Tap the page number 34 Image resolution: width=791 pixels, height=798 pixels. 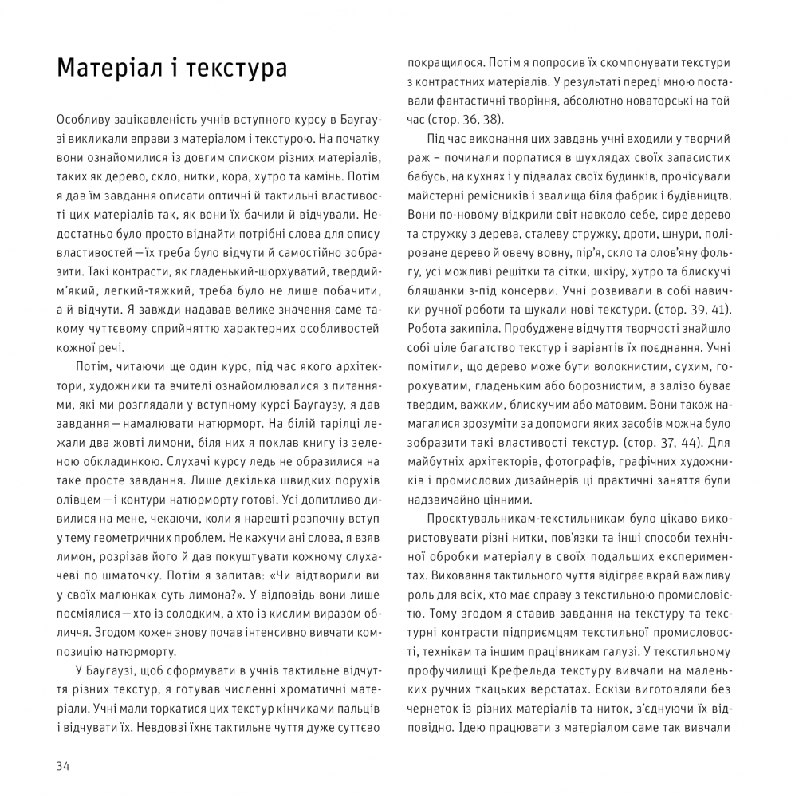click(64, 766)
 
